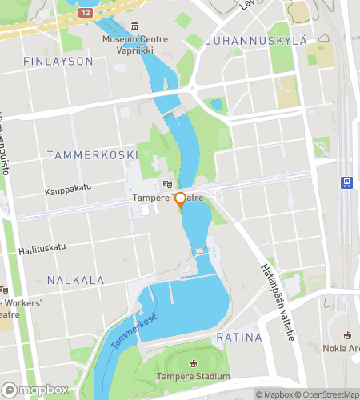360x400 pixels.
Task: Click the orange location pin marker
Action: pos(180,199)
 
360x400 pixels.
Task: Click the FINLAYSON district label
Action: pos(58,61)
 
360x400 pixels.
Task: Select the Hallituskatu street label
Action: pos(42,249)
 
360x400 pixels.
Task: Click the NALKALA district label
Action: pos(75,280)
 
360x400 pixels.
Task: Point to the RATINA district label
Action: pos(238,338)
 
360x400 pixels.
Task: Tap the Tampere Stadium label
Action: pos(192,376)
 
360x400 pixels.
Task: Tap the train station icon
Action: pos(346,182)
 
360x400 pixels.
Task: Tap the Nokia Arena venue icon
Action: pos(348,335)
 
